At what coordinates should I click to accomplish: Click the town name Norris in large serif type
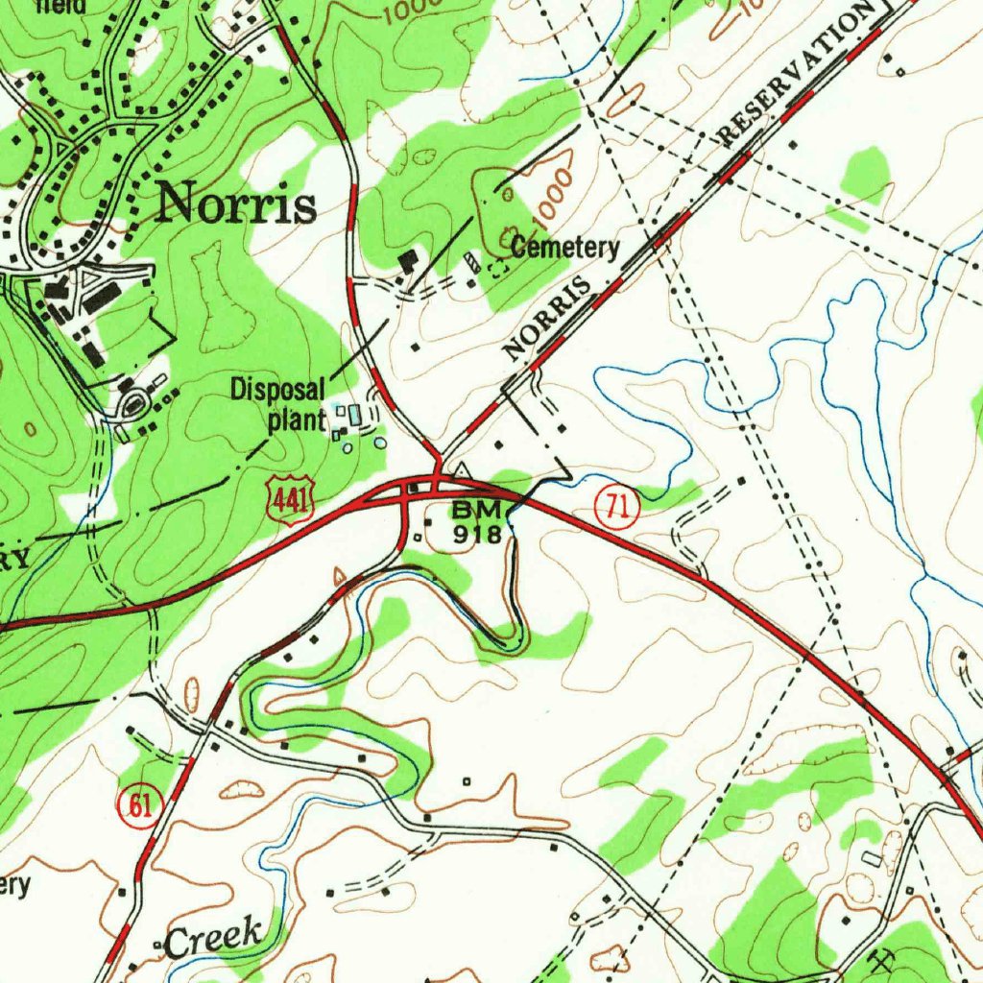[236, 204]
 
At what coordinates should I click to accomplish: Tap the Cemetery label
[564, 248]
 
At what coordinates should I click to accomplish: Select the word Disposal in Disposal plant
[278, 390]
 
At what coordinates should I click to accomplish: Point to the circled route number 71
[615, 508]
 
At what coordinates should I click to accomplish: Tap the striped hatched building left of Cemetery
[471, 263]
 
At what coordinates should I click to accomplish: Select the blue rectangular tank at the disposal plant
[356, 416]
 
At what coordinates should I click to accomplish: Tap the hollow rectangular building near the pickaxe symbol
[870, 857]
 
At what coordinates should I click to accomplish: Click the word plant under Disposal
[297, 420]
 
